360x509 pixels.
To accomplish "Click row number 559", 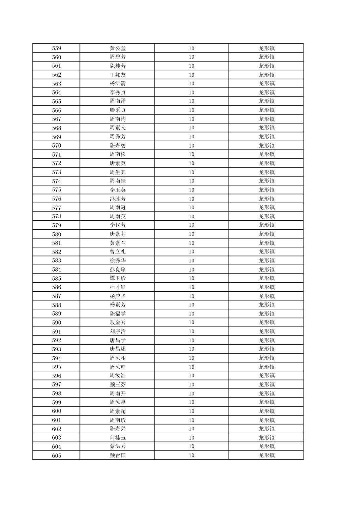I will coord(56,48).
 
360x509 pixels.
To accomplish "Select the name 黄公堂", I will coord(117,48).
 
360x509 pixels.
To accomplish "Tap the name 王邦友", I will coord(117,75).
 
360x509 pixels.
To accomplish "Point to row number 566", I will coord(56,110).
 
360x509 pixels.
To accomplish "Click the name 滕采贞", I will coord(117,110).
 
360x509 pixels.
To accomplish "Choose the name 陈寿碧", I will coord(117,146).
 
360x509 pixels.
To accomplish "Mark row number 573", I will coord(56,172).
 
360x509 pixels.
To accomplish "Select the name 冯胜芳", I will coord(117,199).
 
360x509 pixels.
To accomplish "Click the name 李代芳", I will coord(117,225).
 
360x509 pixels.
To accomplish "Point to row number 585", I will coord(56,278).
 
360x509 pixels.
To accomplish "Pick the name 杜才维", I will coord(117,287).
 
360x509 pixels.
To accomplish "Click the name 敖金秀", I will coord(117,322).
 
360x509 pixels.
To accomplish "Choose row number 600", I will coord(56,411).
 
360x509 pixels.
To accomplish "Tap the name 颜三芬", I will coord(117,384).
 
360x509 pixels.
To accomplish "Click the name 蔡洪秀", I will coord(117,446).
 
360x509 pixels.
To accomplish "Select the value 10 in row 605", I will coord(191,455).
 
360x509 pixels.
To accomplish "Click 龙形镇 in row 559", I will coord(266,48).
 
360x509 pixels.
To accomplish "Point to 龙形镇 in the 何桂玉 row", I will coord(266,438).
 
